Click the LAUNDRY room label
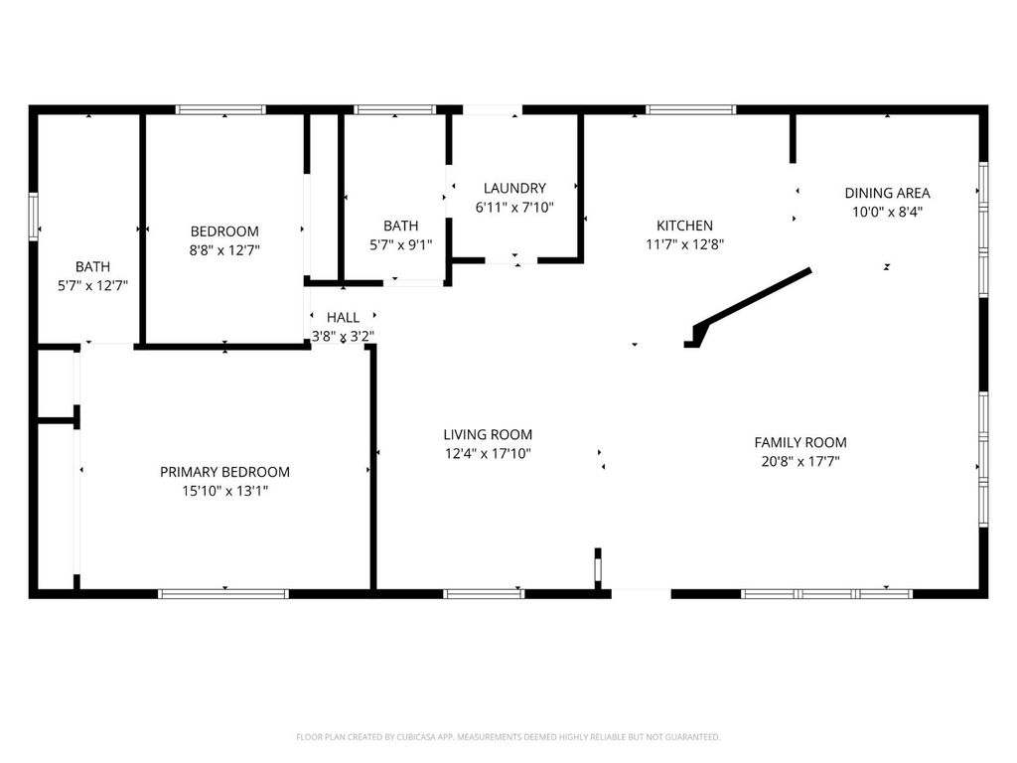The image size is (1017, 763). pos(514,188)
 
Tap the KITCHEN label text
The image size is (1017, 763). pos(684,226)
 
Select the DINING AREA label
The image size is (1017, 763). pos(887,193)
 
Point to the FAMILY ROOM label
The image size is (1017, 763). pos(799,442)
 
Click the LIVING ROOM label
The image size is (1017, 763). pos(487,434)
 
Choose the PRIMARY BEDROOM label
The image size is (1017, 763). pos(224,472)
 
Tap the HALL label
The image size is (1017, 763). pos(343,317)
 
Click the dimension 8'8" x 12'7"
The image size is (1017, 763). pos(224,250)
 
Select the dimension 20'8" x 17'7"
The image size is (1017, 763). pos(799,461)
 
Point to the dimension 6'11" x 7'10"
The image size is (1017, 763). pos(514,208)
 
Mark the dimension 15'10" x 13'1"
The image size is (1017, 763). pos(224,490)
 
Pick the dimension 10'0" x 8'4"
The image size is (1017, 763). pos(887,212)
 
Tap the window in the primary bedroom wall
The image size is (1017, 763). pos(223,594)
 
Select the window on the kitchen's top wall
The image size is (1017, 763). pos(690,109)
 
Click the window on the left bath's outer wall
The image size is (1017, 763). pos(33,217)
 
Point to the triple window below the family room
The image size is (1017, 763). pos(826,594)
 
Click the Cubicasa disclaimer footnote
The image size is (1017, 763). pos(508,737)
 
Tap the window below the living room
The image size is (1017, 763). pos(484,594)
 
